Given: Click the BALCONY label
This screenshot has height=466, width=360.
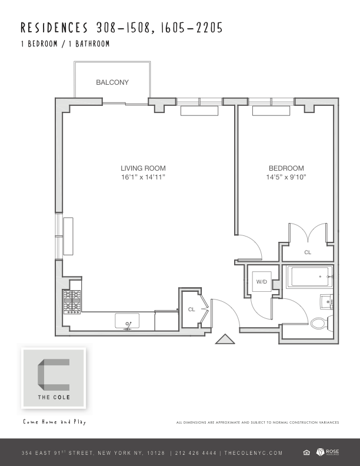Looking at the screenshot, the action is tap(112, 82).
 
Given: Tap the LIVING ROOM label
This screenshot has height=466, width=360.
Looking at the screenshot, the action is tap(143, 168).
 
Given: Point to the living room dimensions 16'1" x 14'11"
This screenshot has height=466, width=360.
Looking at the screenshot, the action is tap(143, 177).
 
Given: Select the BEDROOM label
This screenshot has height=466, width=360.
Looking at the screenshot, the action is tap(286, 168).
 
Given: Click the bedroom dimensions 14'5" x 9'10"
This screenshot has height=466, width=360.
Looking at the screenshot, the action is tap(286, 177).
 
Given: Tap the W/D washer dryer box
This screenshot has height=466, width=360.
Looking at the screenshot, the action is tap(262, 281).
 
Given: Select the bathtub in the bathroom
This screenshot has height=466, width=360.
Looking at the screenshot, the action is tap(309, 277).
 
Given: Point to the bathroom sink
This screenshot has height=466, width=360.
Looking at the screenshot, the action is tap(326, 302).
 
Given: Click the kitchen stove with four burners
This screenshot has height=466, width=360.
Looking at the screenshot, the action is tap(72, 302).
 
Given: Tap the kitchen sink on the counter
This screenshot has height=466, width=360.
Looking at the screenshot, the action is tap(127, 321).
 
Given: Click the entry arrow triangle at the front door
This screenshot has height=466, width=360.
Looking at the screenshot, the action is tap(225, 339).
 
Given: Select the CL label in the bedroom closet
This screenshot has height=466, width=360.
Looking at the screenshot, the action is tap(308, 252).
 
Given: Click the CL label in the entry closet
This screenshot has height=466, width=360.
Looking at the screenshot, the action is tap(192, 309).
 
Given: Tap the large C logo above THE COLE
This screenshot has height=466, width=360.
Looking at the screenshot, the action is tap(54, 375).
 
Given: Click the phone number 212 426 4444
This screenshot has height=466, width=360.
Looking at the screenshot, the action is tap(196, 453).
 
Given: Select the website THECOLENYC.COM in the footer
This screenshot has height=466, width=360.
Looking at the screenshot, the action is tap(254, 453).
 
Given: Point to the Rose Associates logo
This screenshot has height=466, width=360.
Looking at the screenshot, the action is tap(328, 452).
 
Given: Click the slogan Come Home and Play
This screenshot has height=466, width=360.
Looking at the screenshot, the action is tap(55, 422).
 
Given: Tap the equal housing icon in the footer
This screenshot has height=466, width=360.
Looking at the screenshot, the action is tap(306, 452).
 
